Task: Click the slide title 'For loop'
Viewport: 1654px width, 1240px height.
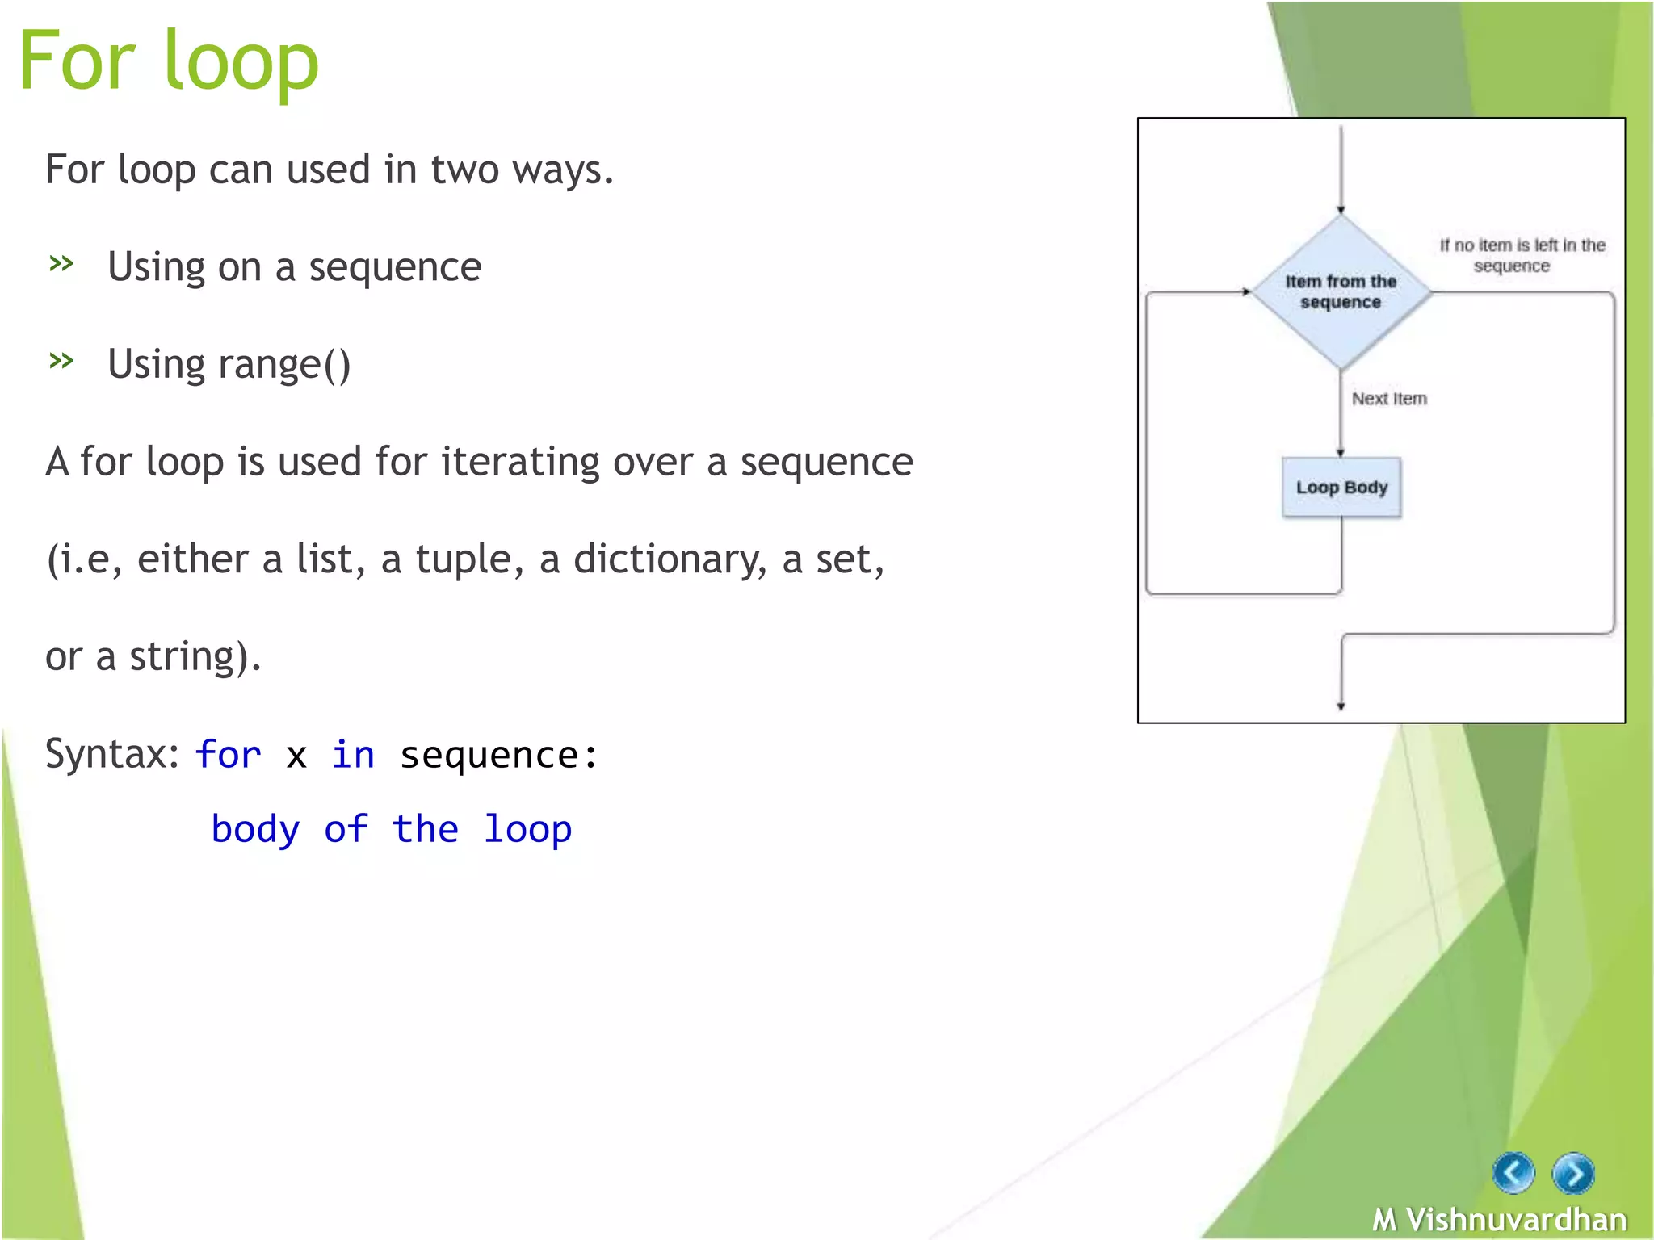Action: pyautogui.click(x=169, y=61)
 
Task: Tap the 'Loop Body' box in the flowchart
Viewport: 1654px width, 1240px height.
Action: pyautogui.click(x=1341, y=488)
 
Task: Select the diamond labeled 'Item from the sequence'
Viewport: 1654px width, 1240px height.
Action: pyautogui.click(x=1341, y=291)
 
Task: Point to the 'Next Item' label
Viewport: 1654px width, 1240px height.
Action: pyautogui.click(x=1389, y=399)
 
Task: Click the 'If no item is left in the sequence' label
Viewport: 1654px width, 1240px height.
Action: pyautogui.click(x=1522, y=255)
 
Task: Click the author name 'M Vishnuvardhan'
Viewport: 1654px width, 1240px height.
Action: pyautogui.click(x=1499, y=1219)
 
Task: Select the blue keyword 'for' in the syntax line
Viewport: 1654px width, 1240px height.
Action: pyautogui.click(x=228, y=755)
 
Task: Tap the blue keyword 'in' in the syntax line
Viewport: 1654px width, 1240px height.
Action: pyautogui.click(x=353, y=755)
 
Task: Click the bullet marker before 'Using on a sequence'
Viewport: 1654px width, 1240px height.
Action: pyautogui.click(x=61, y=263)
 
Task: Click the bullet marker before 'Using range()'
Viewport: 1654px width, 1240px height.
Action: pyautogui.click(x=61, y=360)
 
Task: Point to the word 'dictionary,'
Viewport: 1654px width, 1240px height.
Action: pyautogui.click(x=670, y=559)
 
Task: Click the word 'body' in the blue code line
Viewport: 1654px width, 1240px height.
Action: pyautogui.click(x=255, y=829)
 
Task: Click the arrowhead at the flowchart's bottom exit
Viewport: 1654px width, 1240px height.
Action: pyautogui.click(x=1341, y=706)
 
